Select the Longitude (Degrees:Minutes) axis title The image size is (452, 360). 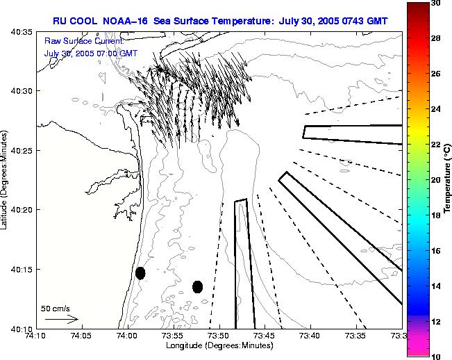219,345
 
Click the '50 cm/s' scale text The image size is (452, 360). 56,308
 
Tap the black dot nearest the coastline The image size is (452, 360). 140,273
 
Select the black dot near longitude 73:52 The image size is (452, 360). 197,286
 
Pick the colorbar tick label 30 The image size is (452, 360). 435,4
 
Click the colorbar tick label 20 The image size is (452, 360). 435,180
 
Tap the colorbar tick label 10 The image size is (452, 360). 435,356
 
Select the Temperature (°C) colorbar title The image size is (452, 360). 449,180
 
